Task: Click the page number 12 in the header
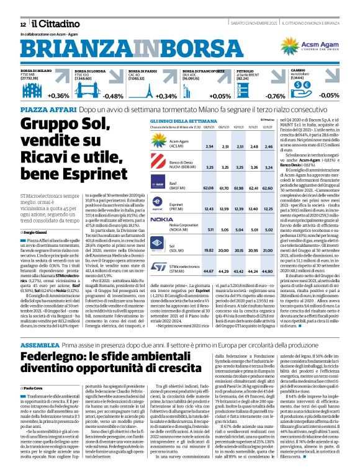coord(14,22)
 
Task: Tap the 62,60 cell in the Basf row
coord(269,187)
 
